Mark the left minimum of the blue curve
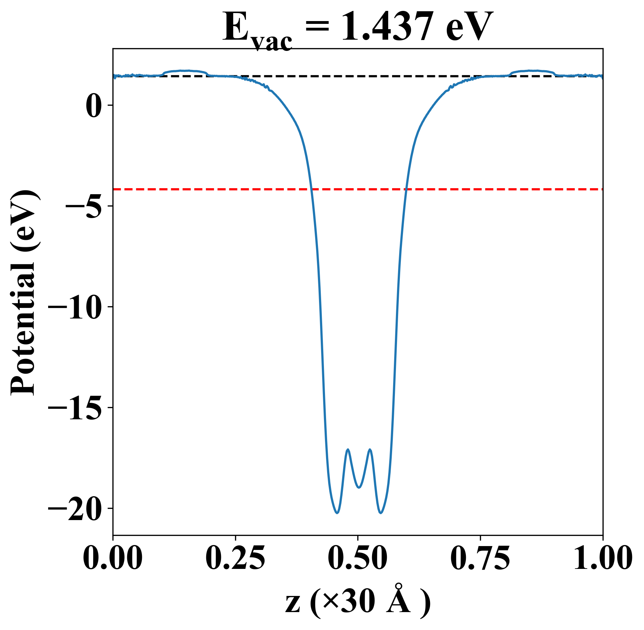tap(337, 513)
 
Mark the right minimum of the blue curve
tap(380, 513)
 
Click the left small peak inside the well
tap(348, 449)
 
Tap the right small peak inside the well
tap(370, 449)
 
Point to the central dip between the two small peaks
tap(359, 487)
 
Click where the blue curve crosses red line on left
tap(311, 189)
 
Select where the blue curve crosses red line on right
tap(406, 189)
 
